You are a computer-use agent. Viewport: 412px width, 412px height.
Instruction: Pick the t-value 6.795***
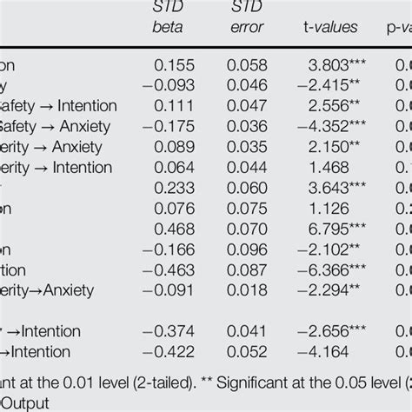coord(331,229)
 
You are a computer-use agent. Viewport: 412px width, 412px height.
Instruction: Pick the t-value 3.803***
coord(331,65)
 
